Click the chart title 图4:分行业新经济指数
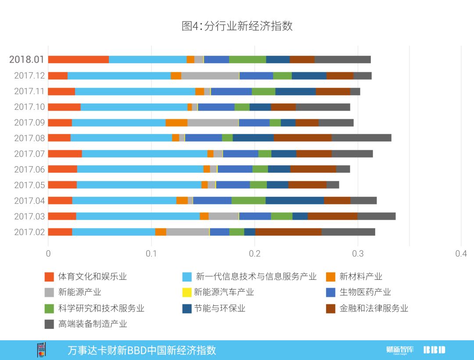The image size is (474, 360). coord(237,26)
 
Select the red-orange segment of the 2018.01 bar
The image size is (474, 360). coord(78,60)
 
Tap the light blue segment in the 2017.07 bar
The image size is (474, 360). coord(144,153)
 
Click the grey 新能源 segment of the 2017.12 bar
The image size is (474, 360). coord(210,75)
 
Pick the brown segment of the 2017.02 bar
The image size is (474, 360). coord(288,232)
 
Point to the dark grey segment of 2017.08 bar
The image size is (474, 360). coord(361,138)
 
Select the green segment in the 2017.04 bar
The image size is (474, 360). coord(248,200)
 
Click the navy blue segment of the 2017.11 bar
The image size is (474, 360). coord(295,91)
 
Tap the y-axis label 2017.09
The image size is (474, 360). coord(29,122)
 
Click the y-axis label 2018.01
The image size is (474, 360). coord(27,60)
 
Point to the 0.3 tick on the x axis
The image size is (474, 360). coord(358,254)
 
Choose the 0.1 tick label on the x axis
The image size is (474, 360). coord(151,254)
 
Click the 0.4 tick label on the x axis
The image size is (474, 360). coord(461,254)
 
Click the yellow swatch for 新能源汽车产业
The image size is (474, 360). coord(187,292)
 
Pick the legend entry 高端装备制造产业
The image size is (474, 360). coord(92,324)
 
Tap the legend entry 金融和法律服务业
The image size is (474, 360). coord(373,308)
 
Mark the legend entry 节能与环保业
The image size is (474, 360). coord(220,308)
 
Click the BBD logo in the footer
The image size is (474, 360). coord(434,350)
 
